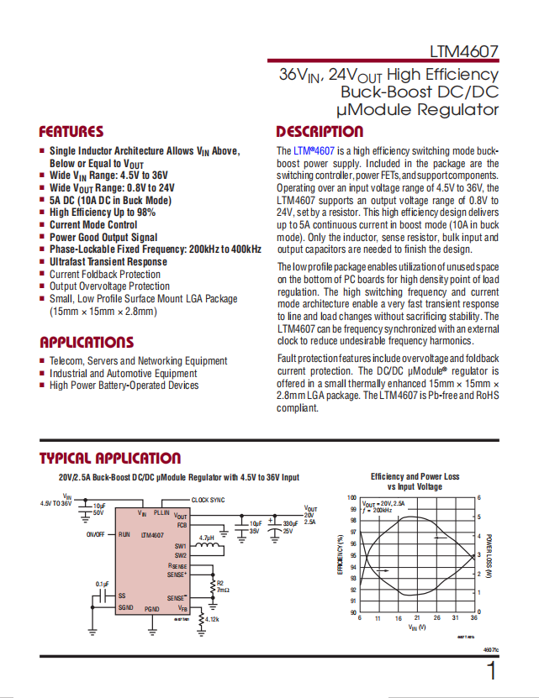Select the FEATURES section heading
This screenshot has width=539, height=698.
point(71,132)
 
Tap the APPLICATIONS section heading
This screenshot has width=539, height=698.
point(87,343)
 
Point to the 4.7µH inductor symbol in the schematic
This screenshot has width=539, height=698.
point(212,548)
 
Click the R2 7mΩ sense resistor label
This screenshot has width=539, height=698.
point(222,586)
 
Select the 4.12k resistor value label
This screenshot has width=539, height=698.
point(209,620)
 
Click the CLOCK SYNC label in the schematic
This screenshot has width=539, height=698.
point(208,500)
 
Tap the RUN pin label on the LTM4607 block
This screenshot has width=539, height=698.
point(124,534)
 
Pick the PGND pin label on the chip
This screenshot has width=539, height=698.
point(152,608)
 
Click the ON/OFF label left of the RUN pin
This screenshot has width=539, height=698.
point(96,534)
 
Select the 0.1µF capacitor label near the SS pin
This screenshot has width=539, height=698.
point(102,585)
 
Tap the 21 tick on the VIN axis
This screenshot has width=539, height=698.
point(417,618)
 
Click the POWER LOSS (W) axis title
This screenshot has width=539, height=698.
point(489,554)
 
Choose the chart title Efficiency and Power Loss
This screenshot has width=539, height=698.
point(415,477)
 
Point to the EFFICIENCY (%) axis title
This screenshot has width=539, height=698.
point(340,554)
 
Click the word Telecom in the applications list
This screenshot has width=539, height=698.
point(66,361)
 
